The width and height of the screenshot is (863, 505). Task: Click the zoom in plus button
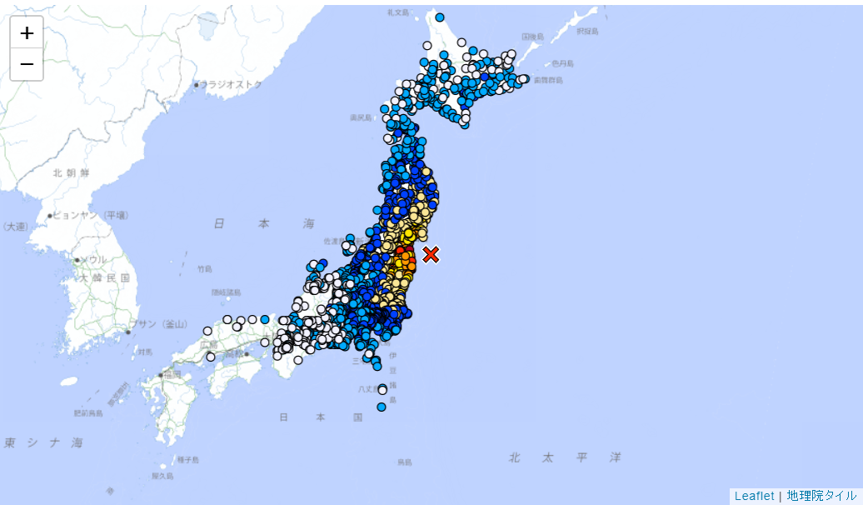(x=27, y=32)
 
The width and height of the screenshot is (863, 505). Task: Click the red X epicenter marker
(x=431, y=254)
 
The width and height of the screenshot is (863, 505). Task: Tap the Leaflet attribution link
(x=754, y=496)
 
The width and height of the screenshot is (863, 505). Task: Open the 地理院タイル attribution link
(x=821, y=496)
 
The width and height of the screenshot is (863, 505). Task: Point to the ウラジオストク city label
(x=231, y=84)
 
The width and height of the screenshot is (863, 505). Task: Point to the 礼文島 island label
(x=398, y=12)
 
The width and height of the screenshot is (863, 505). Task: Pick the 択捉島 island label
(x=587, y=32)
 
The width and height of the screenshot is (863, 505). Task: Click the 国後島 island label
(x=532, y=37)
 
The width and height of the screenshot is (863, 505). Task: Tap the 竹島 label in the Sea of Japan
(x=205, y=268)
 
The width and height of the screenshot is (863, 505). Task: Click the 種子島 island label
(x=187, y=459)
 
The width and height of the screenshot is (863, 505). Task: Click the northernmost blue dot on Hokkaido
(x=440, y=17)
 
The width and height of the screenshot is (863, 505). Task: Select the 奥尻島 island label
(x=360, y=117)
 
